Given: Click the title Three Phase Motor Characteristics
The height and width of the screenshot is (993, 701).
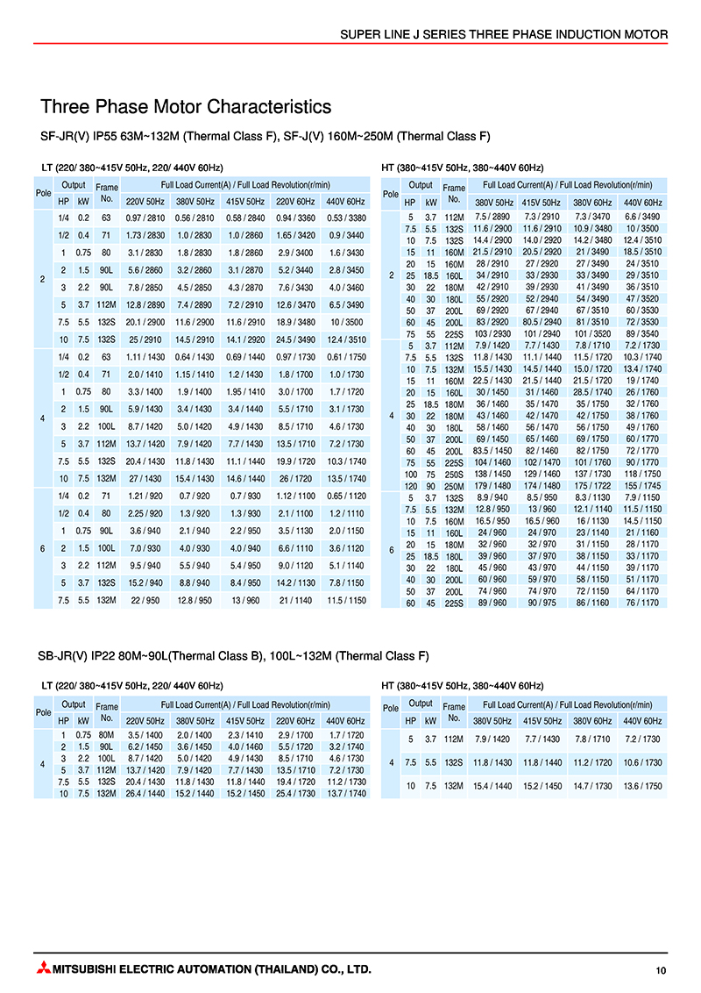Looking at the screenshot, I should coord(186,107).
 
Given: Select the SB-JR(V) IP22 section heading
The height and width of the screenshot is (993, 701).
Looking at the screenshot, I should coord(233,655).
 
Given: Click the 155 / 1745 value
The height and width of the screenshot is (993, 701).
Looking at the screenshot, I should coord(643,484).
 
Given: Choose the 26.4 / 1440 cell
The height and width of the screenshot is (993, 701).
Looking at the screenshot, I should coord(146,794).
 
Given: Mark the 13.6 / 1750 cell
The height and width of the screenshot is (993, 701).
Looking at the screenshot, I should coord(643,785).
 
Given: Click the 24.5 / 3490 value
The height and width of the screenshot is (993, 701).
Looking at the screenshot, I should coord(296,338).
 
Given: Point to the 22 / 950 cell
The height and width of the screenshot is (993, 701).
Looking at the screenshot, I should coord(146,600).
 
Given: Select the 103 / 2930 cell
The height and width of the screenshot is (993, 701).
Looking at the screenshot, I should coord(492,335).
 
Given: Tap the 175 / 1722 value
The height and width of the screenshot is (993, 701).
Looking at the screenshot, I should coord(592,484).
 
